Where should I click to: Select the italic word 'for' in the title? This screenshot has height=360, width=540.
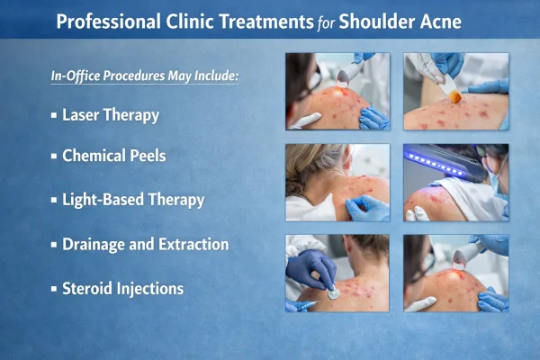[x=330, y=21]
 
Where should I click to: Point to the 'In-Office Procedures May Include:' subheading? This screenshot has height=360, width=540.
[x=144, y=76]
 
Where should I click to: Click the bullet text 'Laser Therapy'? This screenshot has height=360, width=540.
[x=111, y=115]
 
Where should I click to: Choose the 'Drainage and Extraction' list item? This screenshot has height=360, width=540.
[x=145, y=244]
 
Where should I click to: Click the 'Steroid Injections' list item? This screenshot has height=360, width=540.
[x=123, y=289]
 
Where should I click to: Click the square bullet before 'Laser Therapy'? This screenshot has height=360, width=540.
[x=54, y=116]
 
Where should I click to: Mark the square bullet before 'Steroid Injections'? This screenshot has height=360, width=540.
[x=54, y=290]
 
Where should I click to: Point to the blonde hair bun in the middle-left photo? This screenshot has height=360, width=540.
[x=311, y=159]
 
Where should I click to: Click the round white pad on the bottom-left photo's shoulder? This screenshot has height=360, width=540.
[x=333, y=292]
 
